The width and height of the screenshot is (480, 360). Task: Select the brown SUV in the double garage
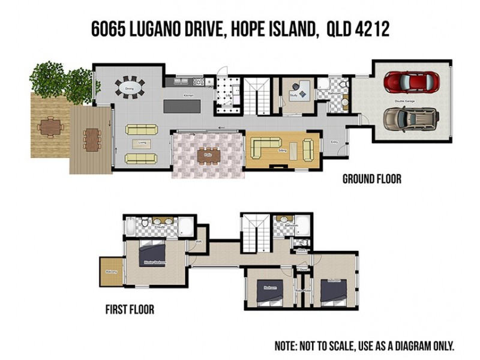[x=412, y=119]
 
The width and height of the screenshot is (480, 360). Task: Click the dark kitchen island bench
[x=183, y=107]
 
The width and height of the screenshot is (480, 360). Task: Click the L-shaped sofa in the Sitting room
[x=267, y=147]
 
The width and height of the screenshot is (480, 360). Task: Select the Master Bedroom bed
[x=152, y=254]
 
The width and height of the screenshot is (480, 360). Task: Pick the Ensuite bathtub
[x=131, y=226]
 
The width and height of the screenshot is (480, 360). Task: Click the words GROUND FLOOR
[x=371, y=179]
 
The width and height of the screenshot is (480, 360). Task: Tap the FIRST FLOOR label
[x=130, y=310]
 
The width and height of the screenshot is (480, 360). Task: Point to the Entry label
[x=335, y=142]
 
